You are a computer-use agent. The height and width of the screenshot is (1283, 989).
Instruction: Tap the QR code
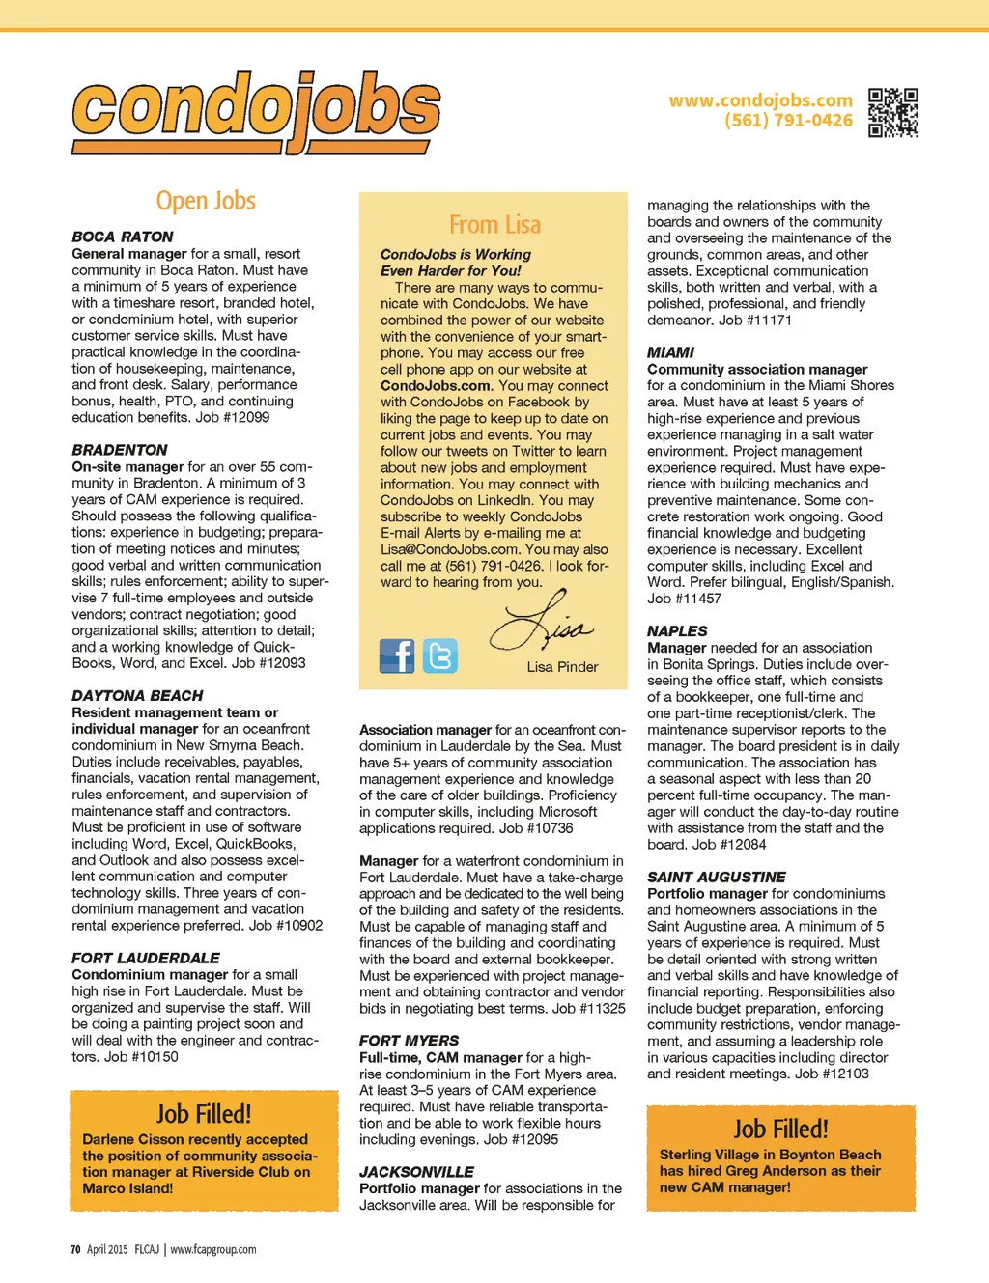(x=892, y=112)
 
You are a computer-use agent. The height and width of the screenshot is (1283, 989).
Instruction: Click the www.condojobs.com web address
(x=760, y=100)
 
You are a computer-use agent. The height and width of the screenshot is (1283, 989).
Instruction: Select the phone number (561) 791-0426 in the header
(x=788, y=121)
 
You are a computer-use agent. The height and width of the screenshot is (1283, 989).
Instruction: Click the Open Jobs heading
(x=206, y=201)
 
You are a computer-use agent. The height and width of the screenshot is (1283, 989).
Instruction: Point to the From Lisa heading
(x=494, y=225)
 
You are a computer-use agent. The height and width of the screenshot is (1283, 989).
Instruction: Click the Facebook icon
(x=397, y=656)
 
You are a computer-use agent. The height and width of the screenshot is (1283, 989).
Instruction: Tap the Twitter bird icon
(x=440, y=656)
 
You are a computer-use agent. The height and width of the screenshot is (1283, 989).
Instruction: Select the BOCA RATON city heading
(x=123, y=237)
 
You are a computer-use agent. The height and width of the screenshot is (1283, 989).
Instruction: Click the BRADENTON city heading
(x=120, y=450)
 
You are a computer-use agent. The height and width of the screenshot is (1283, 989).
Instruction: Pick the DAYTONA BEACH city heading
(x=137, y=696)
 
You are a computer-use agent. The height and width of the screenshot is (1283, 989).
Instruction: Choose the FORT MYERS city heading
(x=409, y=1041)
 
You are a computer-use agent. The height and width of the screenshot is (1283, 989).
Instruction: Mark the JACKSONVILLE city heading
(x=416, y=1172)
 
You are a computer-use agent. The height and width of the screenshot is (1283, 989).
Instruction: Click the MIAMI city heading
(x=670, y=352)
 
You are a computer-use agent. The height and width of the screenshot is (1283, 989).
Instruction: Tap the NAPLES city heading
(x=677, y=631)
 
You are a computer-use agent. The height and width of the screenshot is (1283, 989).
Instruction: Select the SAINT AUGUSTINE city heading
(x=716, y=877)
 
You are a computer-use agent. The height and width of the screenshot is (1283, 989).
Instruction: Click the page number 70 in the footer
(x=75, y=1249)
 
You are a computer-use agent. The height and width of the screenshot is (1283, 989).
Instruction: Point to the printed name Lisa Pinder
(x=562, y=667)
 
